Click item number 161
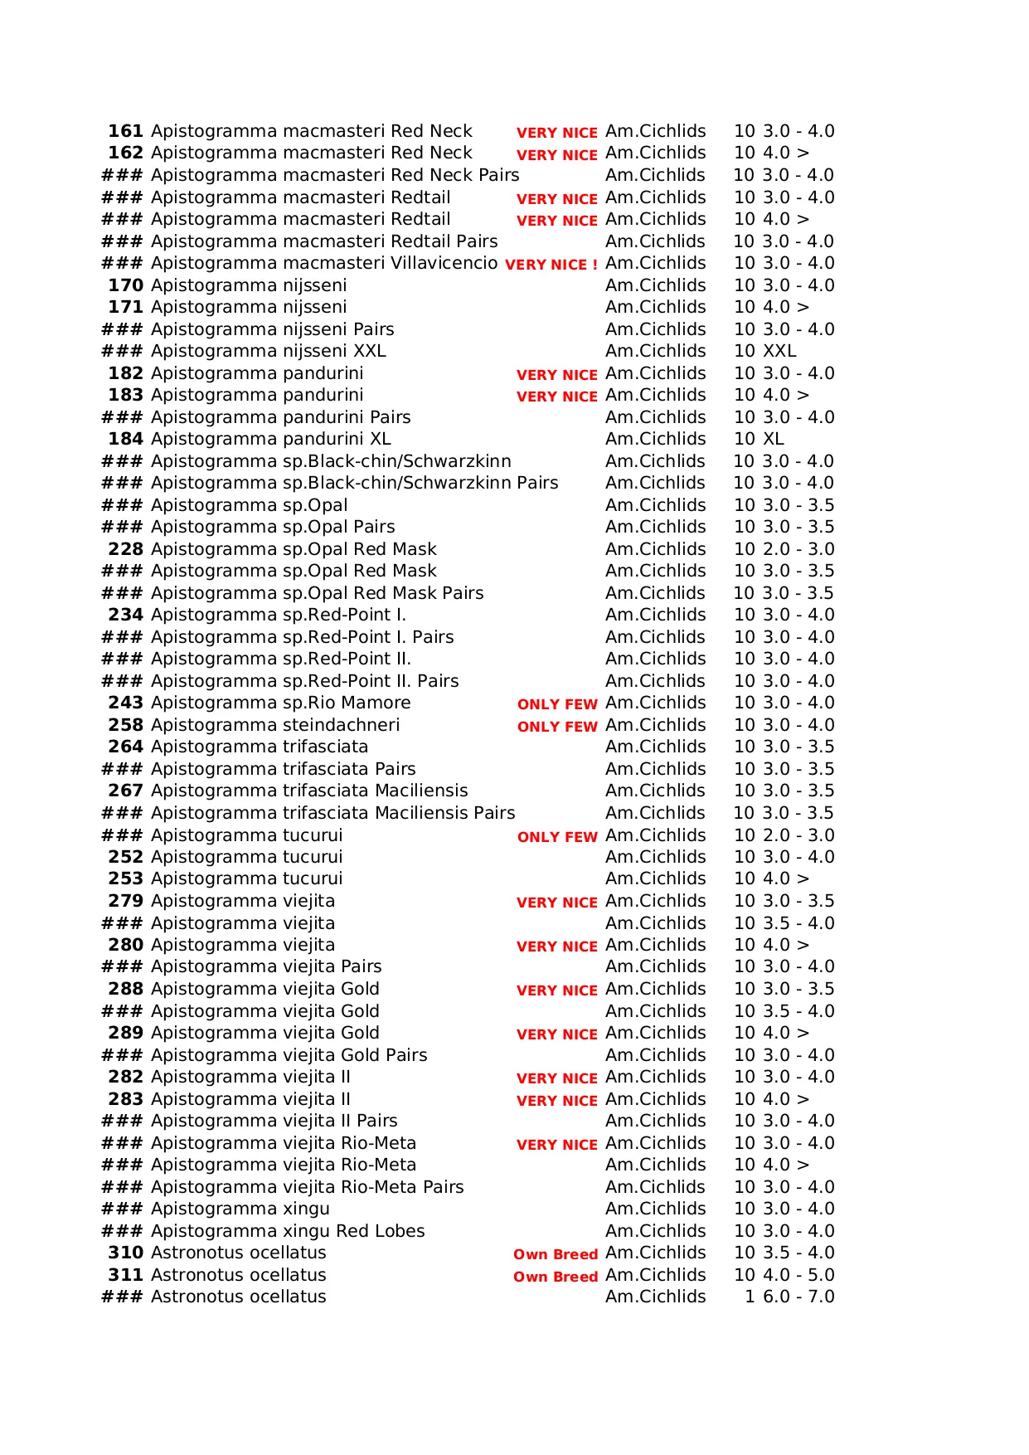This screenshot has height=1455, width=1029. point(125,131)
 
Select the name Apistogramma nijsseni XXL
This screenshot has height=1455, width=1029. point(268,351)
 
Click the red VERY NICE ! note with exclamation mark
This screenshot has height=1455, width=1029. point(551,265)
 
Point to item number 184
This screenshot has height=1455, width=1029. point(125,439)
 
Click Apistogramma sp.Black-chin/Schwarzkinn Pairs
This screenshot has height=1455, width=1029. point(354,483)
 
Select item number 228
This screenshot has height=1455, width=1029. point(125,549)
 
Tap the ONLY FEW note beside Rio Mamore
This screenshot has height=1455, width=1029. point(557,704)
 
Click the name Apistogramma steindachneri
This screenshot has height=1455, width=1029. point(275,725)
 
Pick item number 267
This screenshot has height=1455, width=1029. point(125,791)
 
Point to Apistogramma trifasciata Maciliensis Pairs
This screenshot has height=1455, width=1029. point(332,813)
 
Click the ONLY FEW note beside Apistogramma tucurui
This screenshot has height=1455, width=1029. point(557,837)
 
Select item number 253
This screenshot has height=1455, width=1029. point(125,878)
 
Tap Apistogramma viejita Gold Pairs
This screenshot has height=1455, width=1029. point(289,1055)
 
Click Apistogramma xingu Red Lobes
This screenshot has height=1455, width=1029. point(288,1231)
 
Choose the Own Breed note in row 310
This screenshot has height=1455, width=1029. point(556,1254)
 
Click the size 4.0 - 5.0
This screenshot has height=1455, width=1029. point(798,1275)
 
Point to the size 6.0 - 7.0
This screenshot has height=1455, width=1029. point(798,1297)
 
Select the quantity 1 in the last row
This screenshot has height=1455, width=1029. point(750,1297)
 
